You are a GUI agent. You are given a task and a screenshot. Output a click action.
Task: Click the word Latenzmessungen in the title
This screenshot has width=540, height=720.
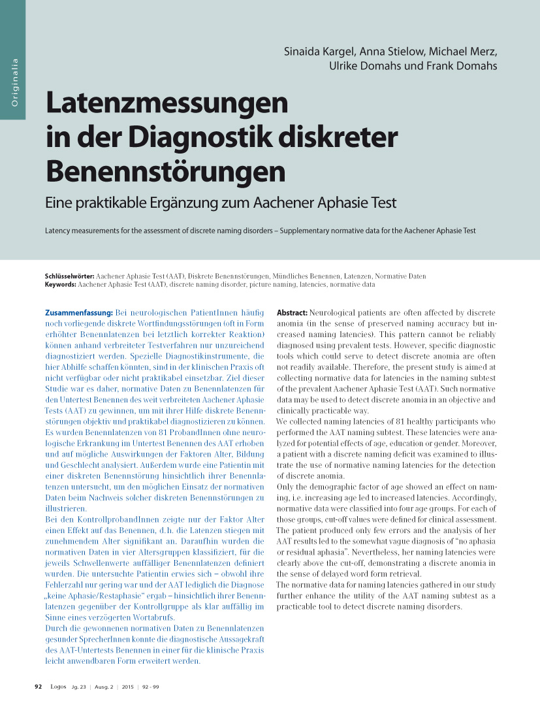[x=167, y=104]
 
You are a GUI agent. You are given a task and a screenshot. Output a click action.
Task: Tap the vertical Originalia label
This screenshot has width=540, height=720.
[x=14, y=83]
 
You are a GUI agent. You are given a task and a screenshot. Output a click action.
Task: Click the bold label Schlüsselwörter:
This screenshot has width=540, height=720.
[x=70, y=276]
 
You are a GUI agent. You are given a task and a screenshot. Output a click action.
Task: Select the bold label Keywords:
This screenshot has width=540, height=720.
[x=61, y=285]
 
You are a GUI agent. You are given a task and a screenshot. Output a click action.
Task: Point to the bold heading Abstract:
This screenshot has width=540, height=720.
[x=292, y=314]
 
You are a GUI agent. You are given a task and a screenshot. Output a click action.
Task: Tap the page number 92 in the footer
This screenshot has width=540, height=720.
[x=38, y=687]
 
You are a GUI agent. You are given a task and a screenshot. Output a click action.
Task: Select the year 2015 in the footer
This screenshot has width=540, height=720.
[x=128, y=687]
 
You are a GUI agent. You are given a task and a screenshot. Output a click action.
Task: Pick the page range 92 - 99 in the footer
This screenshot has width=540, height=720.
[x=151, y=687]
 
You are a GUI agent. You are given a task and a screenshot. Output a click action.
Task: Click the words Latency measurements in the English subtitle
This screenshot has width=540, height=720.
[x=78, y=231]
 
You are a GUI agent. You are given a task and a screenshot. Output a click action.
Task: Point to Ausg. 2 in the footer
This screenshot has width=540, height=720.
[x=104, y=687]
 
